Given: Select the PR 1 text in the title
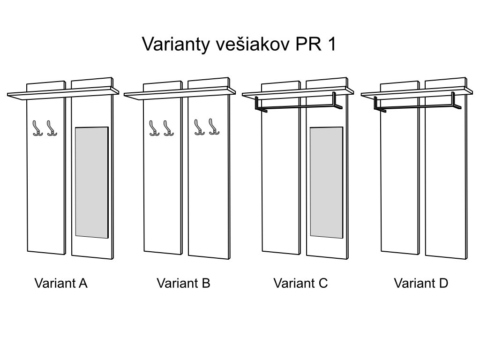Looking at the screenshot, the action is pos(315,44).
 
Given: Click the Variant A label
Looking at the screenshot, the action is pos(61,283).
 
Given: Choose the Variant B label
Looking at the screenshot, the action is pos(183,283).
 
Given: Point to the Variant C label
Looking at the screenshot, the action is pos(300,283).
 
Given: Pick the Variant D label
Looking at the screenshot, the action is pos(421,283).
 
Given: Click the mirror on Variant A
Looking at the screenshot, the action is pos(92,182).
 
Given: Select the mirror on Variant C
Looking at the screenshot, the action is pos(326,182).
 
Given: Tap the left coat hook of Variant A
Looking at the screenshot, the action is pos(37,128).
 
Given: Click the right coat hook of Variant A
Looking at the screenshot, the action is pos(52,128).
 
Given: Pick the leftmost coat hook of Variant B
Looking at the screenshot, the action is pos(154,128).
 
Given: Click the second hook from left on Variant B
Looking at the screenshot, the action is pos(168,128).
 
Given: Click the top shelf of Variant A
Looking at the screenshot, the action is pos(63,93).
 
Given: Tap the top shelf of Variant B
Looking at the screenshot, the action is pos(180,93).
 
